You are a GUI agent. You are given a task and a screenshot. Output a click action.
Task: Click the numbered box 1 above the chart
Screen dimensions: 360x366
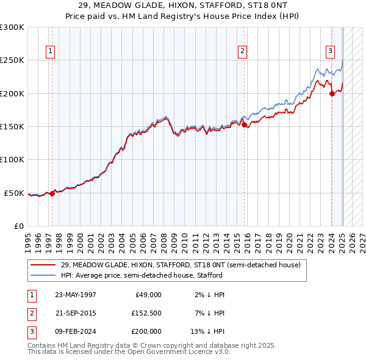coord(49,51)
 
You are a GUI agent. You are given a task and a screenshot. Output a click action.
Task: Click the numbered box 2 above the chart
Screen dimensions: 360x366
coord(242,51)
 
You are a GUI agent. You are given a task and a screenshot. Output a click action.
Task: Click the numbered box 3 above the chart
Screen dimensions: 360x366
coord(330,51)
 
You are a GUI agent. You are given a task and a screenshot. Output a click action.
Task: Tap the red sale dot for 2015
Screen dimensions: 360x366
coord(245,125)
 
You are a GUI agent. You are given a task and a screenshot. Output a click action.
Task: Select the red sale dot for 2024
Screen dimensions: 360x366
coord(332,93)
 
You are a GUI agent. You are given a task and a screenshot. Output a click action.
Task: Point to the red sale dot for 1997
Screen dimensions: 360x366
coord(52,193)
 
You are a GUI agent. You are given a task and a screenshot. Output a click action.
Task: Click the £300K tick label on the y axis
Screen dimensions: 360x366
coord(12,27)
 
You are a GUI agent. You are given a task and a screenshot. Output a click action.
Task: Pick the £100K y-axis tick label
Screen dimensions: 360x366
coord(12,159)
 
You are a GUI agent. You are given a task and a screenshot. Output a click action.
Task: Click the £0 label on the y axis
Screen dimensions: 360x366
coord(19,226)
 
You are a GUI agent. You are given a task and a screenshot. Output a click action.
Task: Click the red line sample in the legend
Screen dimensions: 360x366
coord(43,265)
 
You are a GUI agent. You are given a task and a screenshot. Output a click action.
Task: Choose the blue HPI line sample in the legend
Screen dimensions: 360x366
coord(43,275)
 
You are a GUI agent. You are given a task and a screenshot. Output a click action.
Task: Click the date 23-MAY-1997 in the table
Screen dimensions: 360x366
coord(76,295)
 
